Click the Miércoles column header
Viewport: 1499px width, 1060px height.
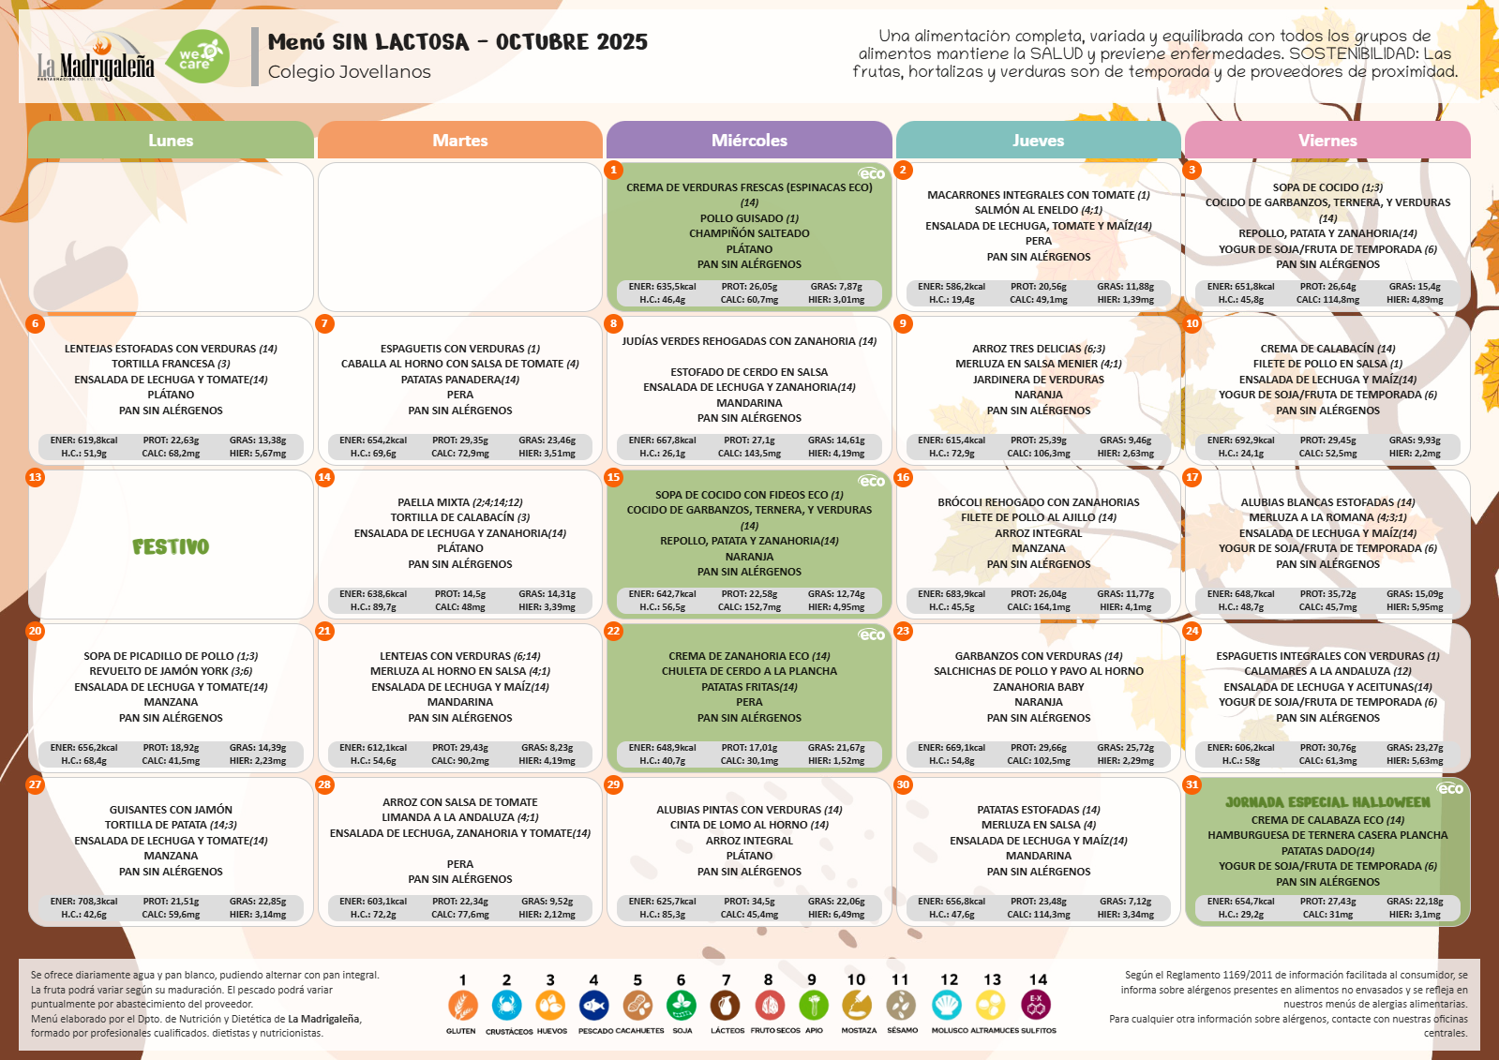click(x=749, y=141)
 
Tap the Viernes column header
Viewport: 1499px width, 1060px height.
click(x=1327, y=141)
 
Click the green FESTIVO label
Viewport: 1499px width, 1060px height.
click(x=171, y=546)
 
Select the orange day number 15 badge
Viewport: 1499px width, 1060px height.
click(x=613, y=477)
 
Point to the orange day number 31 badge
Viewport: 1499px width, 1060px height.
click(x=1192, y=784)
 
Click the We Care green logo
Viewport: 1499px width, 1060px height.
click(x=202, y=57)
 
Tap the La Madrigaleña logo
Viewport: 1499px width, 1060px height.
click(x=96, y=58)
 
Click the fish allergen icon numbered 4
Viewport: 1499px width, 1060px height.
click(x=593, y=1006)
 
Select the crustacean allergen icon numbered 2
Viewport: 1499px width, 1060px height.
click(x=506, y=1006)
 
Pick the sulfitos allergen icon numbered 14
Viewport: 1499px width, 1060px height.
click(x=1036, y=1006)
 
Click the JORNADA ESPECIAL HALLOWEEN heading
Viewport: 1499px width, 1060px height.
click(x=1327, y=802)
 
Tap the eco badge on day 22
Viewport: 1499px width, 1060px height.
click(x=872, y=635)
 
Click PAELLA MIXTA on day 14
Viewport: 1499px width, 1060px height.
click(x=434, y=502)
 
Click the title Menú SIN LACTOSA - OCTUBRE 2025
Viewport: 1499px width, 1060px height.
click(x=457, y=42)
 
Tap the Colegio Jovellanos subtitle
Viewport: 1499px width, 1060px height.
click(x=349, y=72)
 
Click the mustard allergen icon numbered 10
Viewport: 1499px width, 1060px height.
click(x=856, y=1006)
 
